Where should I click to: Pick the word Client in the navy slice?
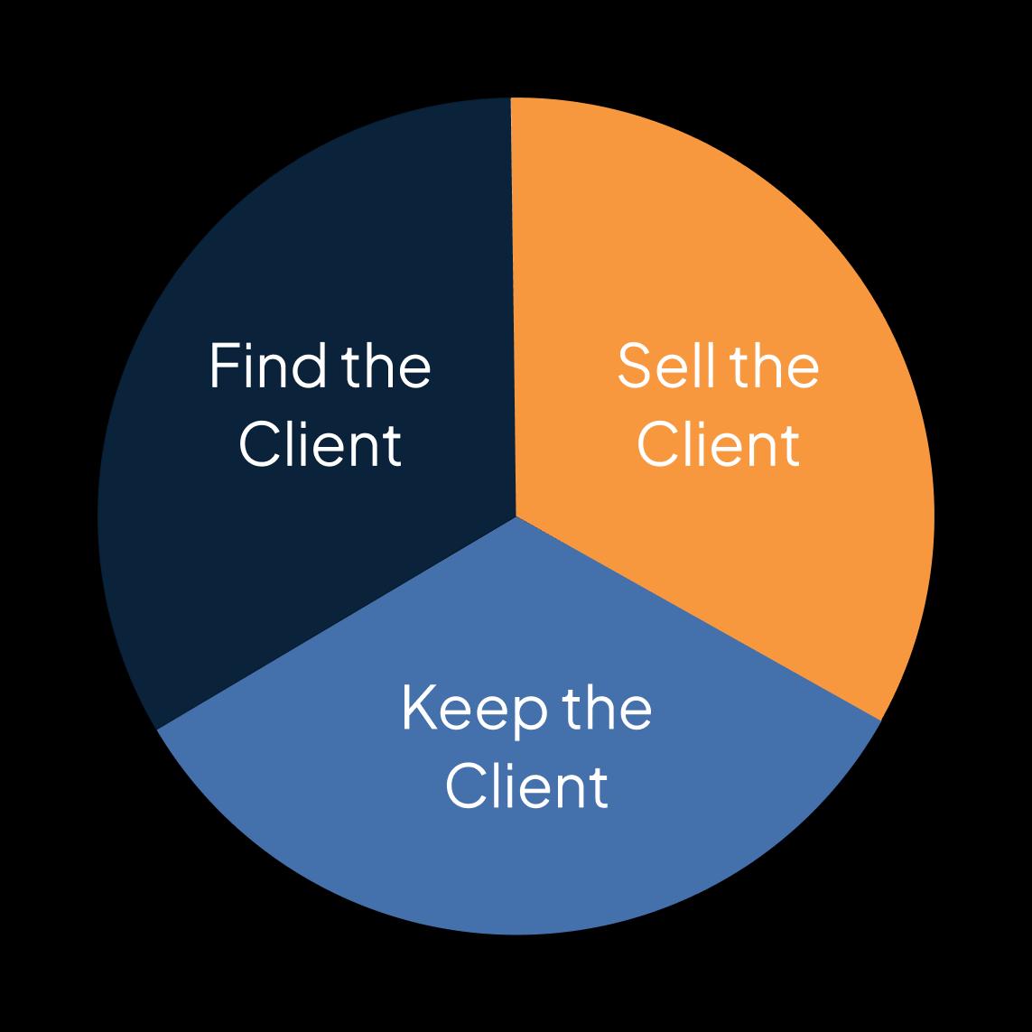(x=320, y=444)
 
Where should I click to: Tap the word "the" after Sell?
(x=774, y=366)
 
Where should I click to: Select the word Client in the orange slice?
(x=718, y=444)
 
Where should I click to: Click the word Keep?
(x=474, y=709)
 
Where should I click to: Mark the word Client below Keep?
(x=526, y=786)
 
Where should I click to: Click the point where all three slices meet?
(x=516, y=516)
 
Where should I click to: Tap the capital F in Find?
(x=222, y=366)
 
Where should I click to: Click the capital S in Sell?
(x=633, y=366)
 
